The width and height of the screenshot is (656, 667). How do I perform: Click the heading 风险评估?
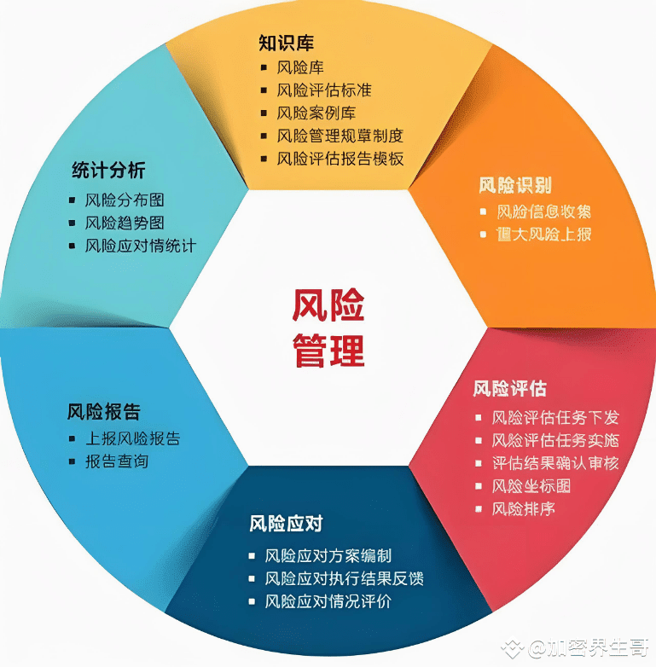[x=509, y=389]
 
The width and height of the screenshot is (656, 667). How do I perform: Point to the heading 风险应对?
[x=286, y=523]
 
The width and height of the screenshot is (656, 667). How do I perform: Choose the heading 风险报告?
[x=104, y=411]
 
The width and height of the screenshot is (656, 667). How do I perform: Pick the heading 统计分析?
[x=108, y=171]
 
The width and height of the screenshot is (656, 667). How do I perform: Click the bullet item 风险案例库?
[x=316, y=113]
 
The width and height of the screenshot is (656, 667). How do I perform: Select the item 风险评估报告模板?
[x=340, y=159]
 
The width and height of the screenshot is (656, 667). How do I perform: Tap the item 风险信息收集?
[x=543, y=212]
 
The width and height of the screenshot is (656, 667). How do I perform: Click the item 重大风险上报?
[x=543, y=234]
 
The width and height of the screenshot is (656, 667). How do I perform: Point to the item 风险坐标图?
[x=531, y=486]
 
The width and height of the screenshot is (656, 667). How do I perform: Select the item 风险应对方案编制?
[x=328, y=555]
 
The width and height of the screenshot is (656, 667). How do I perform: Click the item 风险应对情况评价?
[x=328, y=601]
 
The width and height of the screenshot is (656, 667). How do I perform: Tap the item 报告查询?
[x=117, y=461]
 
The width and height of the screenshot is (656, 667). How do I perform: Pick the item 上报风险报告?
[x=132, y=438]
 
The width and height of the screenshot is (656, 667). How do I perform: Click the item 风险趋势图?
[x=125, y=223]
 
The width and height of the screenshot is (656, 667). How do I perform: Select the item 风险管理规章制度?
[x=340, y=136]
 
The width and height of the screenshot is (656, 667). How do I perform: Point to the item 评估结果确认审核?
[x=555, y=463]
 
